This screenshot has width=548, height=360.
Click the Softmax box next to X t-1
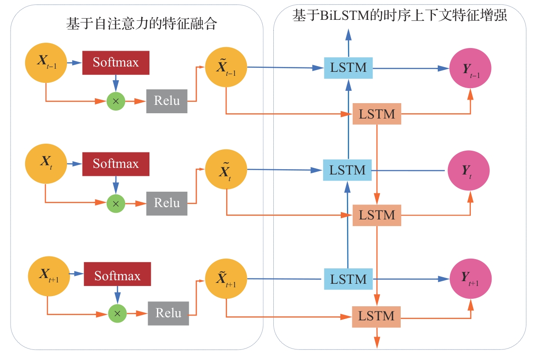point(116,62)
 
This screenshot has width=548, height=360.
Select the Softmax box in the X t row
point(116,164)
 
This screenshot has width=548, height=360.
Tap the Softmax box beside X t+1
point(117,276)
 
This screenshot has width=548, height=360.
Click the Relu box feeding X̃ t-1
point(167,101)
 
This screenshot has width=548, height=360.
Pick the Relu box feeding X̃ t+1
point(168,313)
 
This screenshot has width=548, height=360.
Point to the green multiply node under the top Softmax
point(116,101)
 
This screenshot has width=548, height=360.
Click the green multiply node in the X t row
point(116,203)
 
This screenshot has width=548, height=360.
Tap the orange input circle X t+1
point(48,276)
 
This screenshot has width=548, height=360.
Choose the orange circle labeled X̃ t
point(226,171)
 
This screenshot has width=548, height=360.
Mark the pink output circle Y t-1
point(470,69)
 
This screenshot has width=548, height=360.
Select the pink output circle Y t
point(469,171)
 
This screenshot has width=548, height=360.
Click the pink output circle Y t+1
point(470,278)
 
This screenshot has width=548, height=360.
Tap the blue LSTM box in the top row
point(348,68)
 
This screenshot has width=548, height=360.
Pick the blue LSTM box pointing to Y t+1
point(348,279)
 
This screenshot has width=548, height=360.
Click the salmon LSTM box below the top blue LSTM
point(377,114)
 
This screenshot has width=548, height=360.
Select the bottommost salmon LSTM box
point(376,316)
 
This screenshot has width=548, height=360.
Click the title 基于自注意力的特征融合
point(142,23)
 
